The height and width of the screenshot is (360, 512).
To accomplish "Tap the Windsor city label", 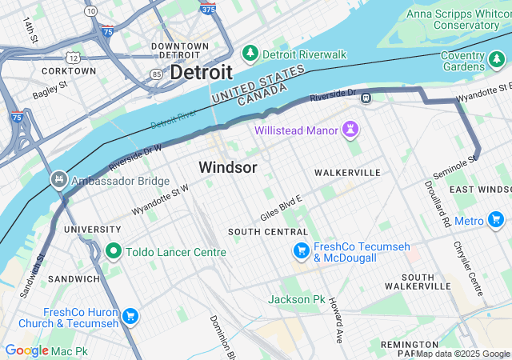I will [228, 168].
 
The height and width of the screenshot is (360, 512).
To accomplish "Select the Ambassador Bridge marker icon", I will [58, 180].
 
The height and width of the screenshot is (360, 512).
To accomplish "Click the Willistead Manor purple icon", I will [350, 130].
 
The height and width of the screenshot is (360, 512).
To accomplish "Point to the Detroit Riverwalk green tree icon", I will [250, 53].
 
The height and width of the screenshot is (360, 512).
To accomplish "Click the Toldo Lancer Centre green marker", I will [113, 251].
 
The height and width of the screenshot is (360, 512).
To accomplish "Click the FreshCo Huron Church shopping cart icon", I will [130, 317].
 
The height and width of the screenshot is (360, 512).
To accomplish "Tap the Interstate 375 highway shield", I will [208, 10].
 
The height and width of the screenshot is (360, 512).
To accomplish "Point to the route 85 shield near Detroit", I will [155, 74].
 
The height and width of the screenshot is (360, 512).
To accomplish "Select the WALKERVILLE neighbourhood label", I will [347, 173].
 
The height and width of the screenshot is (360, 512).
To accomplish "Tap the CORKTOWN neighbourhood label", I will [68, 71].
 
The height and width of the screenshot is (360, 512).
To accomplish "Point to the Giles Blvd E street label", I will [281, 207].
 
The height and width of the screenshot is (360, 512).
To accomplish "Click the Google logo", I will [27, 350].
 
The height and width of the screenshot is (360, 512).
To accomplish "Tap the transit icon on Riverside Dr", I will [366, 98].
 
